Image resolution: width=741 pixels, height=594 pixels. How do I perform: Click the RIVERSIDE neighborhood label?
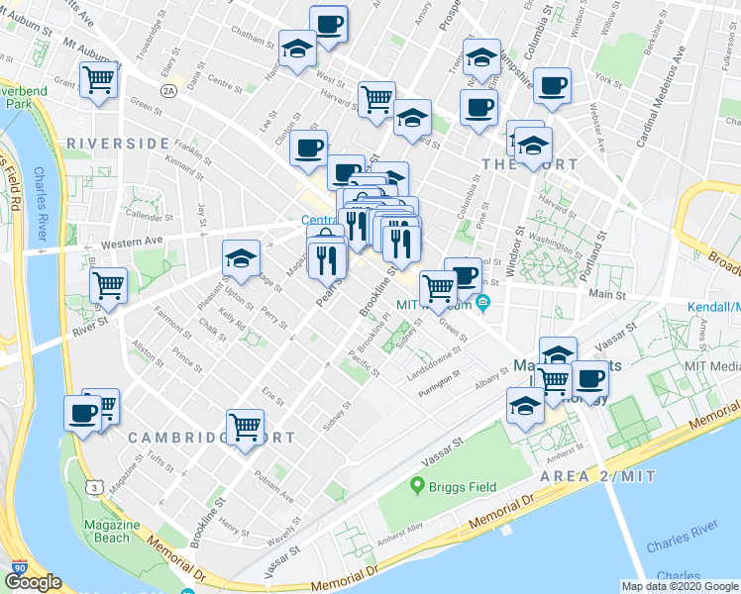pyautogui.click(x=118, y=144)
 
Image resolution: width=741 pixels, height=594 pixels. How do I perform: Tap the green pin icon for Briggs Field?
pyautogui.click(x=417, y=486)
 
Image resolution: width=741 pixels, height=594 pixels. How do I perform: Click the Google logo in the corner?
pyautogui.click(x=32, y=582)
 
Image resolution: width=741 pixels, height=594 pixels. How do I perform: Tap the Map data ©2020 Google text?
pyautogui.click(x=680, y=585)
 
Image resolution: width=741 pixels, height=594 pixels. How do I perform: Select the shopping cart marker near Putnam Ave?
pyautogui.click(x=245, y=429)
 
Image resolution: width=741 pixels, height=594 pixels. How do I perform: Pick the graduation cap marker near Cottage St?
pyautogui.click(x=241, y=260)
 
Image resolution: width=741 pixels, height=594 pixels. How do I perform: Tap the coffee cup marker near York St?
pyautogui.click(x=552, y=86)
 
